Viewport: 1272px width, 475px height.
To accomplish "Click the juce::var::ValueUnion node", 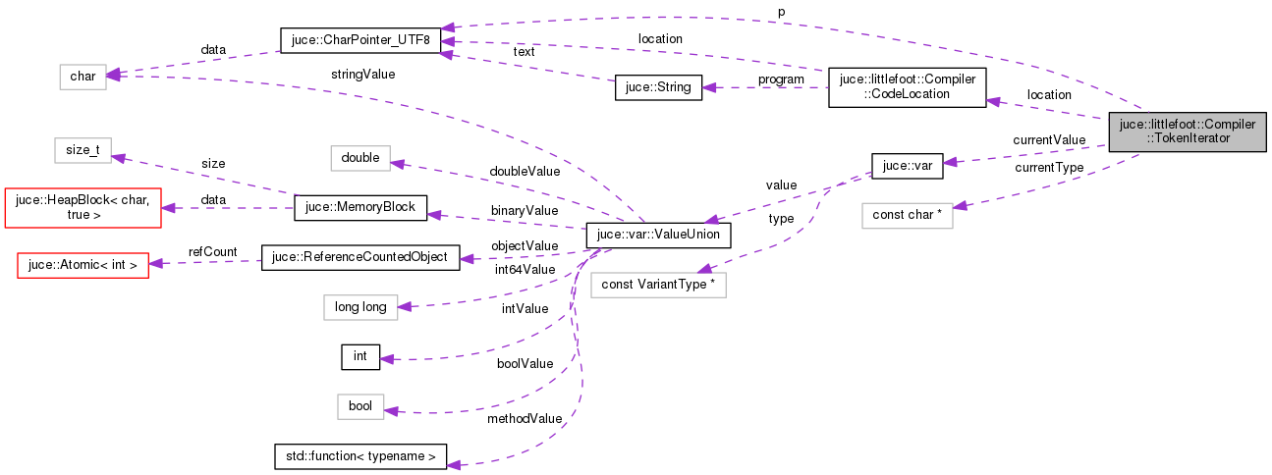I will click(x=657, y=236).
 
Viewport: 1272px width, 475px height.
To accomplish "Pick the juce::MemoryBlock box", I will click(x=360, y=207).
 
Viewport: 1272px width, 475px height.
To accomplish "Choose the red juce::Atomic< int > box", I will click(x=83, y=264).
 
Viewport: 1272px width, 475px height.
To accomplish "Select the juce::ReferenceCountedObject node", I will click(x=360, y=258).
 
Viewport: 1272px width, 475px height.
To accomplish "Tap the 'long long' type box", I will click(x=360, y=307).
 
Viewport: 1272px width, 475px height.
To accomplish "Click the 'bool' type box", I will click(x=360, y=406).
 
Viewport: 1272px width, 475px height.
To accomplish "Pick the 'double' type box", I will click(x=360, y=158).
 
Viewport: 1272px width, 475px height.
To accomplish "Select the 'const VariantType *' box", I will click(x=657, y=286).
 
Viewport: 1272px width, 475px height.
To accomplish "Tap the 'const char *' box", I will click(x=907, y=215).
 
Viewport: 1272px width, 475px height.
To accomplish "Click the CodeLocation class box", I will click(x=907, y=87).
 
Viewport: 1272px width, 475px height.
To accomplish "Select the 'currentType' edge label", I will click(x=1049, y=168).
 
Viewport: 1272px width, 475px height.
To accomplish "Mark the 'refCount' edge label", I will click(x=213, y=252).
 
